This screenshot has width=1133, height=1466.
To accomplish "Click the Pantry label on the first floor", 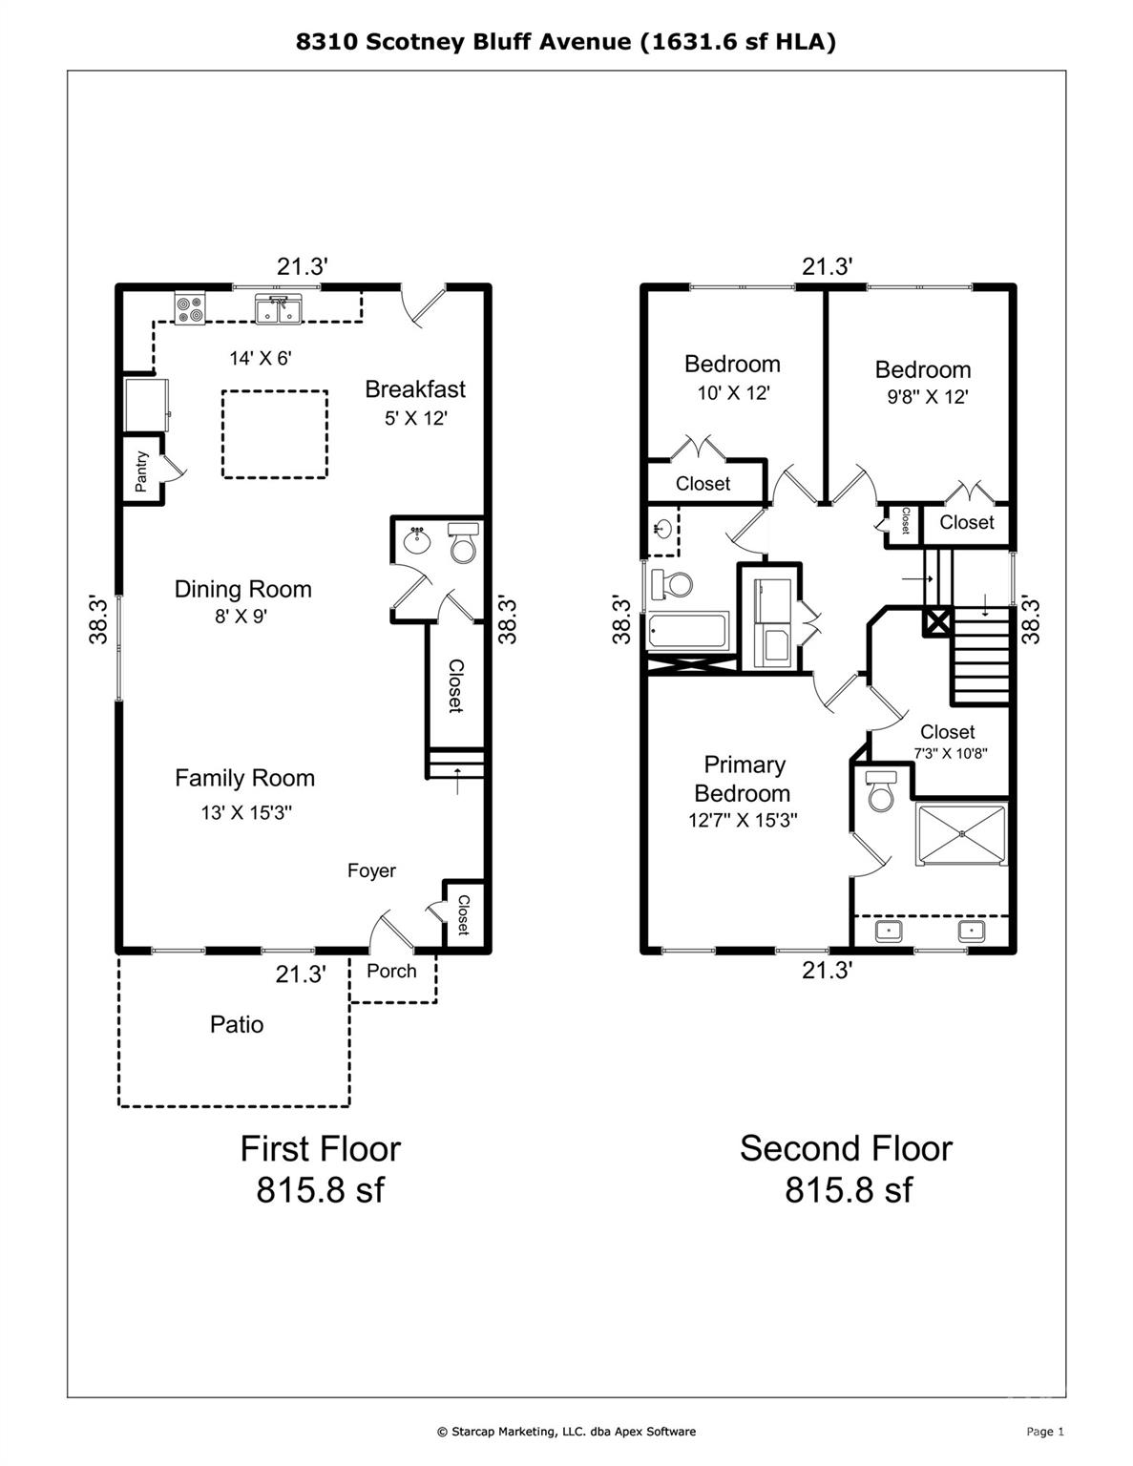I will pyautogui.click(x=141, y=471).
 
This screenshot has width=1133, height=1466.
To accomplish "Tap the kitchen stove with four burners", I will pyautogui.click(x=189, y=309).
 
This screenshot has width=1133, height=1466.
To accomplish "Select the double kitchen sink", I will pyautogui.click(x=279, y=309).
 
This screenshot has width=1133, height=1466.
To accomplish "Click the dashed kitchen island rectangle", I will pyautogui.click(x=275, y=434).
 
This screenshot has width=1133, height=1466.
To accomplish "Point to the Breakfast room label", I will pyautogui.click(x=415, y=389).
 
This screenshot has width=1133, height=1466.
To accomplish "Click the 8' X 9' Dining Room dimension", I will pyautogui.click(x=241, y=617).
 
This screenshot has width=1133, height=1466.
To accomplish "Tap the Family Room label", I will pyautogui.click(x=244, y=779).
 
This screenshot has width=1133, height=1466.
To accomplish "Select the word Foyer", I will pyautogui.click(x=371, y=870).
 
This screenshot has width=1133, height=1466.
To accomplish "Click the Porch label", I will pyautogui.click(x=391, y=971).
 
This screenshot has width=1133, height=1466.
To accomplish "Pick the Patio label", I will pyautogui.click(x=237, y=1025).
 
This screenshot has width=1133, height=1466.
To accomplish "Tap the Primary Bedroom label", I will pyautogui.click(x=743, y=779).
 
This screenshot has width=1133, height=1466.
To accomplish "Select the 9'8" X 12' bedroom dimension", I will pyautogui.click(x=921, y=397).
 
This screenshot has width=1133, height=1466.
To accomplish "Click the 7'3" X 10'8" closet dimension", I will pyautogui.click(x=949, y=753).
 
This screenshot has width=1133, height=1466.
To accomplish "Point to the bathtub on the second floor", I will pyautogui.click(x=687, y=631).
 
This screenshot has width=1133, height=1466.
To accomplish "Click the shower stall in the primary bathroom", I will pyautogui.click(x=961, y=835).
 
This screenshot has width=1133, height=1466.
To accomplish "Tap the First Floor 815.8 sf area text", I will pyautogui.click(x=320, y=1169).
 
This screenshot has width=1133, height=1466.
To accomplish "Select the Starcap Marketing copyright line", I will pyautogui.click(x=566, y=1431).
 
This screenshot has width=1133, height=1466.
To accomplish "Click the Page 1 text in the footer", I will pyautogui.click(x=1044, y=1431).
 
